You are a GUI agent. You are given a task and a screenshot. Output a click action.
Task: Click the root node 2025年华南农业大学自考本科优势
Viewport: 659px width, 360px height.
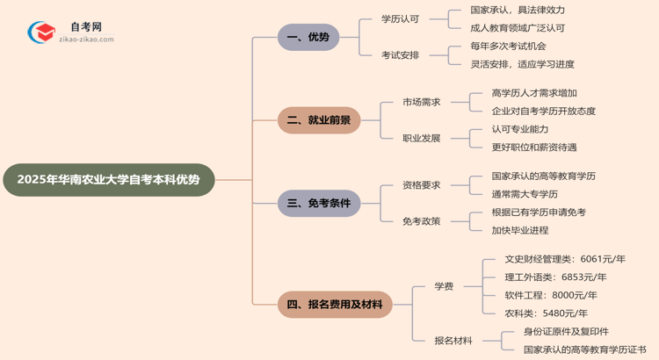108,179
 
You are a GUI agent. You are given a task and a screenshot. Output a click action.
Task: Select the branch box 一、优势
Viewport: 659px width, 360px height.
308,37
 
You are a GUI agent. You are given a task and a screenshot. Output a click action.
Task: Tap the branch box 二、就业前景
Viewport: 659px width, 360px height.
319,120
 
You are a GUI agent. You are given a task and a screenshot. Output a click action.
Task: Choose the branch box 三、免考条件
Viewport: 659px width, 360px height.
319,204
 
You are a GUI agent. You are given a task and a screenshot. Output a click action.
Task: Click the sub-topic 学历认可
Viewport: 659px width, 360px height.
400,18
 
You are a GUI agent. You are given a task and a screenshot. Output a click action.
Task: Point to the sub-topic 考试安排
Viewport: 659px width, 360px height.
400,55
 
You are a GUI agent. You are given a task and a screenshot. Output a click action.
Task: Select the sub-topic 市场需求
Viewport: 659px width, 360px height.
422,102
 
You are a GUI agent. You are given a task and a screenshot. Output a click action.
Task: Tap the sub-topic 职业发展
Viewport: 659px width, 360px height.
422,139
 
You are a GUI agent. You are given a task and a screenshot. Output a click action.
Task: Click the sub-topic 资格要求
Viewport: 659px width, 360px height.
422,185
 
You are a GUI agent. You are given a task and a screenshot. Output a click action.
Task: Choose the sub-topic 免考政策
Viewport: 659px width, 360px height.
422,222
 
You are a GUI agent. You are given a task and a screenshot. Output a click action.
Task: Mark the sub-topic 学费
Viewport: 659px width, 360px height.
444,286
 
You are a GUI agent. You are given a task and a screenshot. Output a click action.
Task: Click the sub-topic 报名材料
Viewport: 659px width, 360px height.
453,341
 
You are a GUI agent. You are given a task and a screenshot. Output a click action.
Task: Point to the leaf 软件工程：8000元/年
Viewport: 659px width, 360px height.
551,295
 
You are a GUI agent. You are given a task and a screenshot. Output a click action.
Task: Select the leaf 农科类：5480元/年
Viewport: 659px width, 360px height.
547,313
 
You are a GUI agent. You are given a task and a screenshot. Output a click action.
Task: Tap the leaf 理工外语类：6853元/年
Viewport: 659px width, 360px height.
555,277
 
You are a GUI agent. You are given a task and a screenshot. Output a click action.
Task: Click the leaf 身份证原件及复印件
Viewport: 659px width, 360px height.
566,332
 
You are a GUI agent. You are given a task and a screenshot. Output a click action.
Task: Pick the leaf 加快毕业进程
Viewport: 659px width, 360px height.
520,231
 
